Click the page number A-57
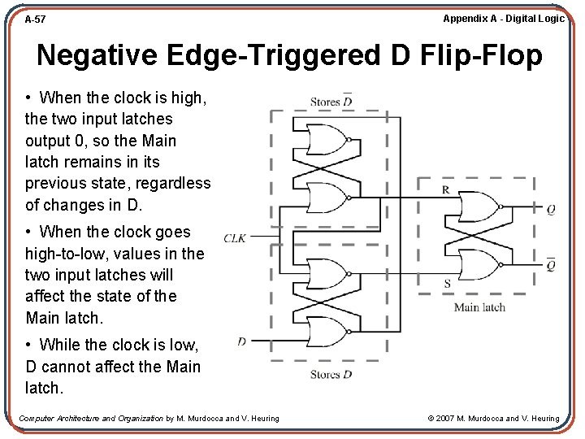[35, 18]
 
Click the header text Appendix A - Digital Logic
[503, 18]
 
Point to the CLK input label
[235, 238]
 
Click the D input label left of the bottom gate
[242, 341]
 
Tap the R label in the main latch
[446, 189]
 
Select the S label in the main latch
[446, 284]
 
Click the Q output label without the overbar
[551, 210]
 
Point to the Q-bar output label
[551, 265]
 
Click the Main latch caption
[479, 306]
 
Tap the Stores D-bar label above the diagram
[331, 102]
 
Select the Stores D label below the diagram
[331, 375]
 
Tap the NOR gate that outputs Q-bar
[479, 265]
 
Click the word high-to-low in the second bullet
[67, 254]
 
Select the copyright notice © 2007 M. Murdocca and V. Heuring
[493, 419]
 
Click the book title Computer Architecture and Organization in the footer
[91, 419]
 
